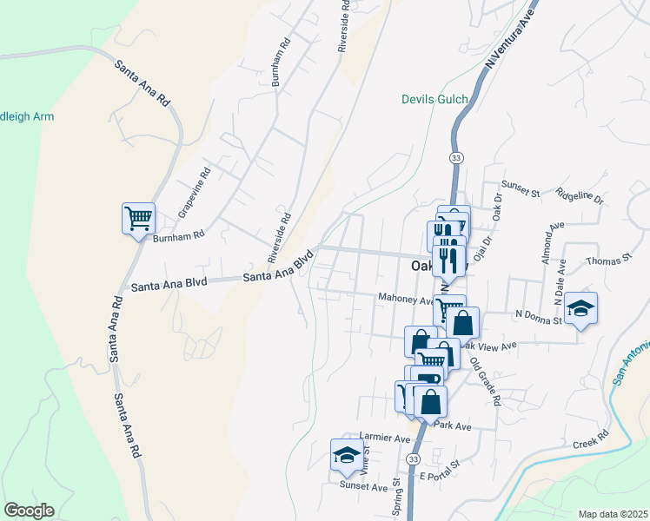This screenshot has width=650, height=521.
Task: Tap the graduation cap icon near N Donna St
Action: [580, 308]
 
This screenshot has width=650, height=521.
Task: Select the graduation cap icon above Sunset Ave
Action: [347, 455]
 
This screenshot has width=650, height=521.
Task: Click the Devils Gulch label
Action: [434, 99]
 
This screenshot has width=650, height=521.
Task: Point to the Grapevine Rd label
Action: [195, 193]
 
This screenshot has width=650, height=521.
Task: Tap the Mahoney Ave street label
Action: [405, 298]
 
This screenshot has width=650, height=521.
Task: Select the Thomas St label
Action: [607, 260]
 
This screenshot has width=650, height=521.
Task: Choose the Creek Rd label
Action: [591, 444]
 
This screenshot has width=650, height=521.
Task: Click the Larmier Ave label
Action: [384, 439]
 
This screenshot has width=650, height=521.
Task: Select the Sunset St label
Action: [521, 185]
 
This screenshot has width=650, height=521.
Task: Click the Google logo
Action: [29, 511]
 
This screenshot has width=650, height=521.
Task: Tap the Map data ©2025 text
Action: [613, 514]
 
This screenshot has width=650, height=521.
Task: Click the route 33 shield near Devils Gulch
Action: [455, 157]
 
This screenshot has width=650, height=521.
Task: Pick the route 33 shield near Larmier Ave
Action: [413, 458]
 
